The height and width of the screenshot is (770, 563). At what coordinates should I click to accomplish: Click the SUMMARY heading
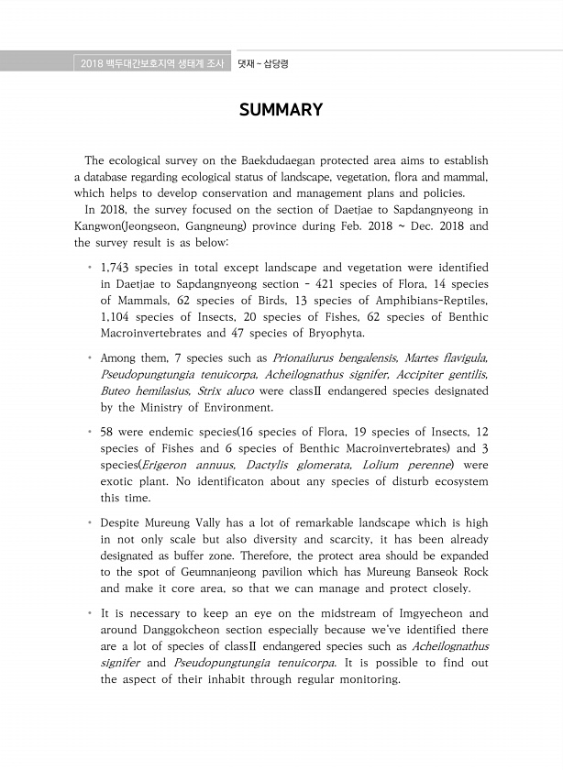click(x=281, y=111)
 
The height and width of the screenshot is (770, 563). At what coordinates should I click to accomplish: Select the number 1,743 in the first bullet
click(x=117, y=267)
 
